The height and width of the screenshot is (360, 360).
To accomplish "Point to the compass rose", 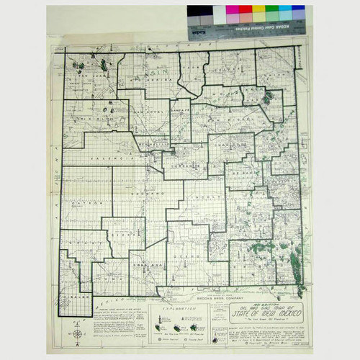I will click(x=78, y=333).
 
